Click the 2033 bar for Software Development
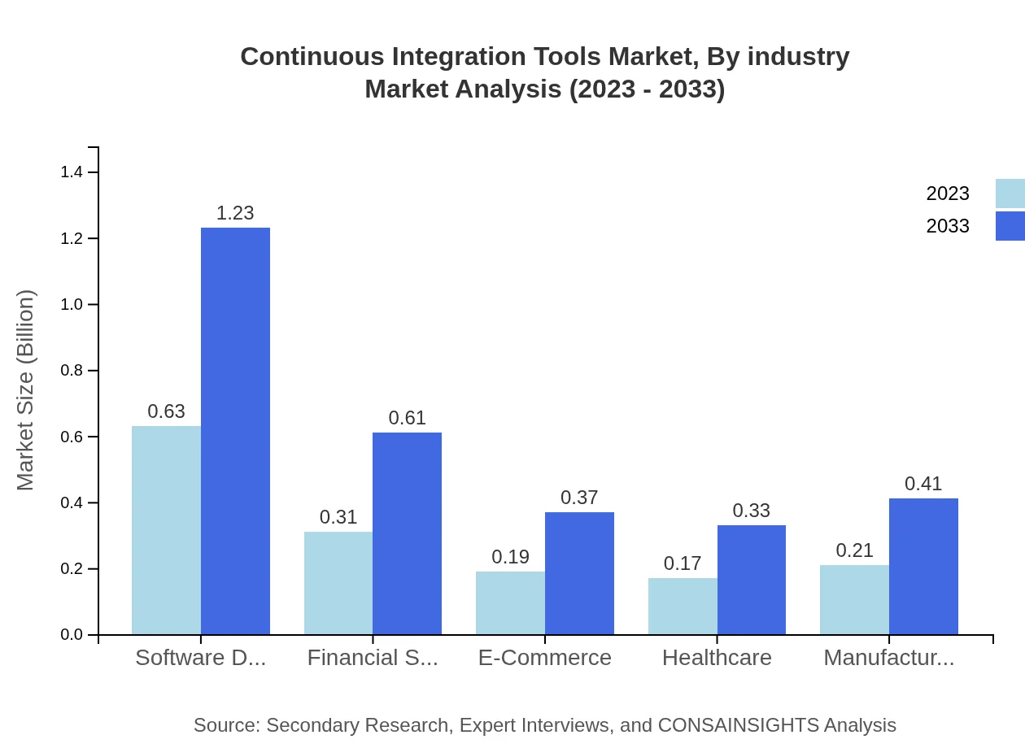pyautogui.click(x=235, y=431)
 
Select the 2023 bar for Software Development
pyautogui.click(x=166, y=530)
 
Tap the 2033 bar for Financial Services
pyautogui.click(x=407, y=533)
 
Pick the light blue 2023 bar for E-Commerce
pyautogui.click(x=510, y=602)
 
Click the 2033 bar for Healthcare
pyautogui.click(x=752, y=580)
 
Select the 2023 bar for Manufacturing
pyautogui.click(x=854, y=599)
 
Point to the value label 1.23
pyautogui.click(x=235, y=213)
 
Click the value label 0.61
pyautogui.click(x=407, y=418)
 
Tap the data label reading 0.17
pyautogui.click(x=683, y=563)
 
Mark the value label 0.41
pyautogui.click(x=923, y=484)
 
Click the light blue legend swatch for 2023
pyautogui.click(x=1010, y=194)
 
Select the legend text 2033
pyautogui.click(x=948, y=226)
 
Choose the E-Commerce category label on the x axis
pyautogui.click(x=544, y=658)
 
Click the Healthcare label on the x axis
pyautogui.click(x=717, y=658)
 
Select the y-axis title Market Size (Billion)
pyautogui.click(x=26, y=390)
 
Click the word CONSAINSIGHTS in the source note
pyautogui.click(x=738, y=725)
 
